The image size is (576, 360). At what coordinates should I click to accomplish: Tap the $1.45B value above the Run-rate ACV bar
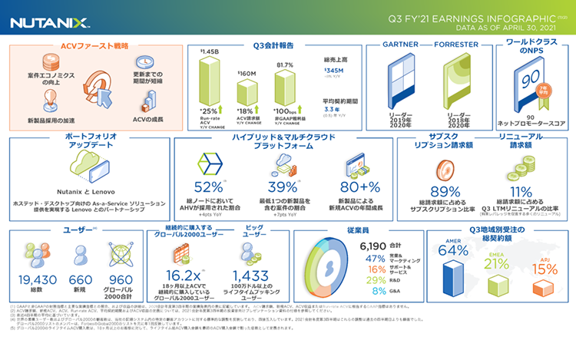210,52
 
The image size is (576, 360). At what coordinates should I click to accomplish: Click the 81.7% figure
285,64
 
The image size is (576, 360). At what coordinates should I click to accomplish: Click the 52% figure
209,188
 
